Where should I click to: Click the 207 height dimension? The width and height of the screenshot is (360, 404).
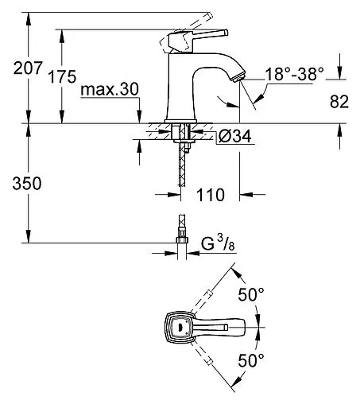tap(28, 68)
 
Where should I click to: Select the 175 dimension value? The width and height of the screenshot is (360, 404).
tap(62, 76)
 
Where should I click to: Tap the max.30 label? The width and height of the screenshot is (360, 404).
tap(110, 89)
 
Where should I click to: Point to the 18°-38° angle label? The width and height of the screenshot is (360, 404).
tap(294, 74)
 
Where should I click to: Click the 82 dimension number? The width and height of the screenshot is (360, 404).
tap(339, 101)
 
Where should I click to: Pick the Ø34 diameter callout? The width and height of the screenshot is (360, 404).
tap(234, 137)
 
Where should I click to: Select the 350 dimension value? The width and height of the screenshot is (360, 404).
tap(27, 183)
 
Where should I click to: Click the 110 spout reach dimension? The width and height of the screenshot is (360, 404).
tap(211, 195)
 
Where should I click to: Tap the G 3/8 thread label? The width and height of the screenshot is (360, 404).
tap(218, 243)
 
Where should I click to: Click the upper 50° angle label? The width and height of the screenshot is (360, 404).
tap(251, 294)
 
